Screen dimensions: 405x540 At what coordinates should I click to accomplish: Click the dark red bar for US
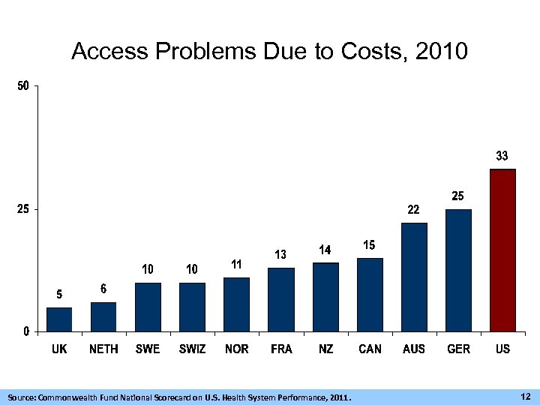(x=502, y=250)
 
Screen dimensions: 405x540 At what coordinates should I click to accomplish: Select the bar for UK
(x=59, y=319)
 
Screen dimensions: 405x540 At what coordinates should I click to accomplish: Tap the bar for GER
(x=458, y=270)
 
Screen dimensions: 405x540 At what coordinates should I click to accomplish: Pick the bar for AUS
(x=414, y=277)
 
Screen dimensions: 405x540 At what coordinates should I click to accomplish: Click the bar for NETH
(x=103, y=316)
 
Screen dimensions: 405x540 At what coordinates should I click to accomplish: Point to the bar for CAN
(x=370, y=294)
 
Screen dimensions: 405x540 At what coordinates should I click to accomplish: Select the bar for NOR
(x=236, y=304)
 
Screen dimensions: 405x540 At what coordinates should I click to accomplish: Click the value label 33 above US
(x=502, y=156)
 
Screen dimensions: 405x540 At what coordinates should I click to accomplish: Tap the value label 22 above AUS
(x=413, y=210)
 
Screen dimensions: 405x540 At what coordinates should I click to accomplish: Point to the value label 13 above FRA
(x=280, y=255)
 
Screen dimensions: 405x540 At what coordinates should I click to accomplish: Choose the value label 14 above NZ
(x=325, y=250)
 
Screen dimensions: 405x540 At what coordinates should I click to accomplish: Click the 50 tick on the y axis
(x=23, y=86)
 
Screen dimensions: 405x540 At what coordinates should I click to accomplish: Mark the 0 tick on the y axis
(x=25, y=331)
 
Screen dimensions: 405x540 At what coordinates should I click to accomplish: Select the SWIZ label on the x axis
(x=192, y=349)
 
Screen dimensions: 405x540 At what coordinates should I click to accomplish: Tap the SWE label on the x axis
(x=148, y=349)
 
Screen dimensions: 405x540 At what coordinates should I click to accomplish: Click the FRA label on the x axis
(x=281, y=349)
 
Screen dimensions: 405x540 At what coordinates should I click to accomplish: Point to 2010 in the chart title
(x=440, y=52)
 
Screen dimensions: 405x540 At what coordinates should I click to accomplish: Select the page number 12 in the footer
(x=525, y=395)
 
